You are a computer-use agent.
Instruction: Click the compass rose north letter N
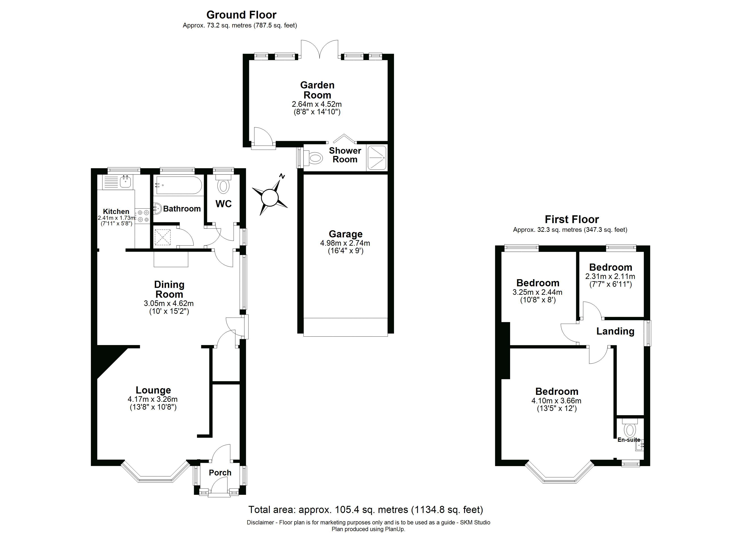[282, 176]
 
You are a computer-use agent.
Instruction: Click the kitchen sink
[125, 181]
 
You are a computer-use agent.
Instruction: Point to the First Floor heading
[572, 219]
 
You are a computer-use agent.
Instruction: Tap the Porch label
[220, 473]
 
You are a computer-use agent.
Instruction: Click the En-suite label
[628, 440]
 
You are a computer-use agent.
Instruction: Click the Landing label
[615, 331]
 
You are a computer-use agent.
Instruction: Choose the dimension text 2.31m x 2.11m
[610, 276]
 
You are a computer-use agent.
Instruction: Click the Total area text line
[366, 509]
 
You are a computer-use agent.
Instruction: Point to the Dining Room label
[169, 289]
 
